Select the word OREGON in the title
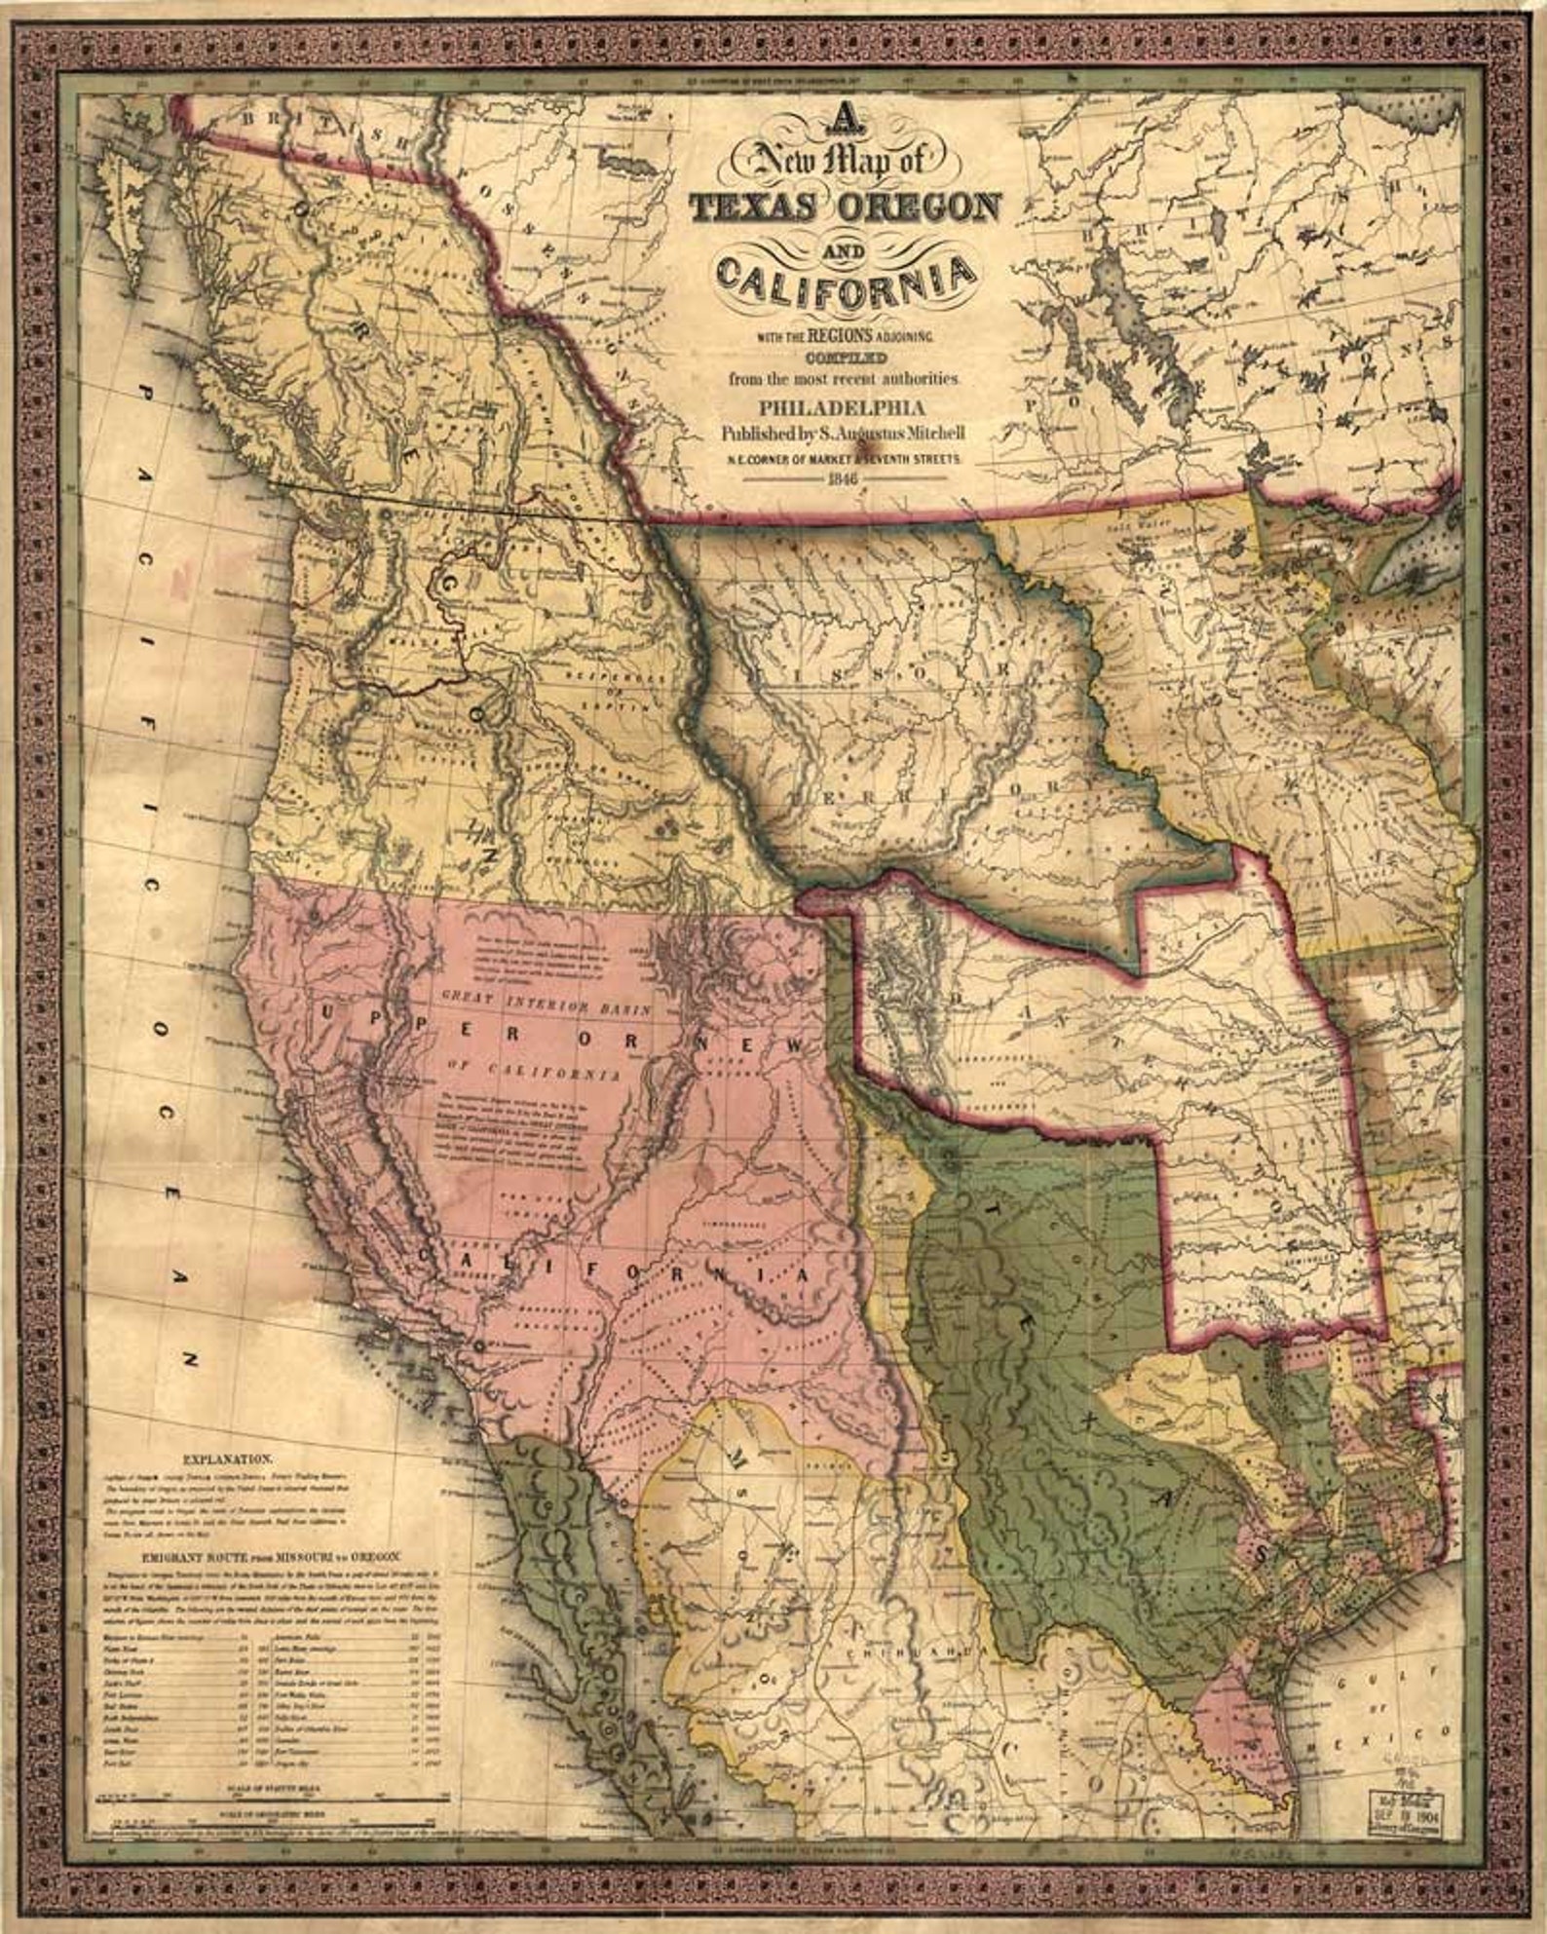click(x=920, y=207)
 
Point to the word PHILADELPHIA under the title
click(x=845, y=408)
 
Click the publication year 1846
click(x=844, y=479)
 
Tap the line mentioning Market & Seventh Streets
click(x=844, y=456)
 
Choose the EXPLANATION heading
click(x=226, y=1460)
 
